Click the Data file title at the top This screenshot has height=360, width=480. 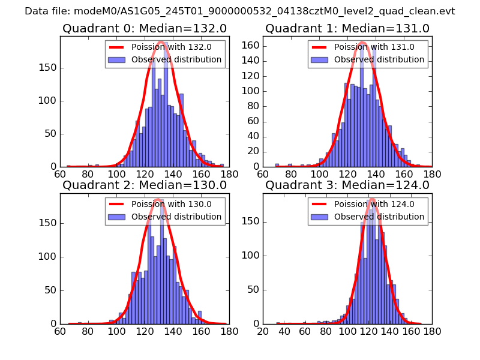pos(240,11)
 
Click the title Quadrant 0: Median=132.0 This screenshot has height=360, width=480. pos(145,29)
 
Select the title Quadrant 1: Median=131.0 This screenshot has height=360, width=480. pos(347,29)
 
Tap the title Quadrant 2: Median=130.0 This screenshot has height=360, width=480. pos(145,185)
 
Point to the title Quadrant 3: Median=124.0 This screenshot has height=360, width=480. pos(347,185)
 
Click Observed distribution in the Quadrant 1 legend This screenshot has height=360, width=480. pos(379,60)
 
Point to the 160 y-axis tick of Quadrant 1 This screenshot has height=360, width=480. pos(251,44)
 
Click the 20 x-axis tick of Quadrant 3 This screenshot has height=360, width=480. pos(263,331)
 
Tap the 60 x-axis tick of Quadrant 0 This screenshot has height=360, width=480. pos(60,175)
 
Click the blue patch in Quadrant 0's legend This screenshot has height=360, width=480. pos(117,60)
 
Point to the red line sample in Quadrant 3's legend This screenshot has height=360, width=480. pos(320,204)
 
